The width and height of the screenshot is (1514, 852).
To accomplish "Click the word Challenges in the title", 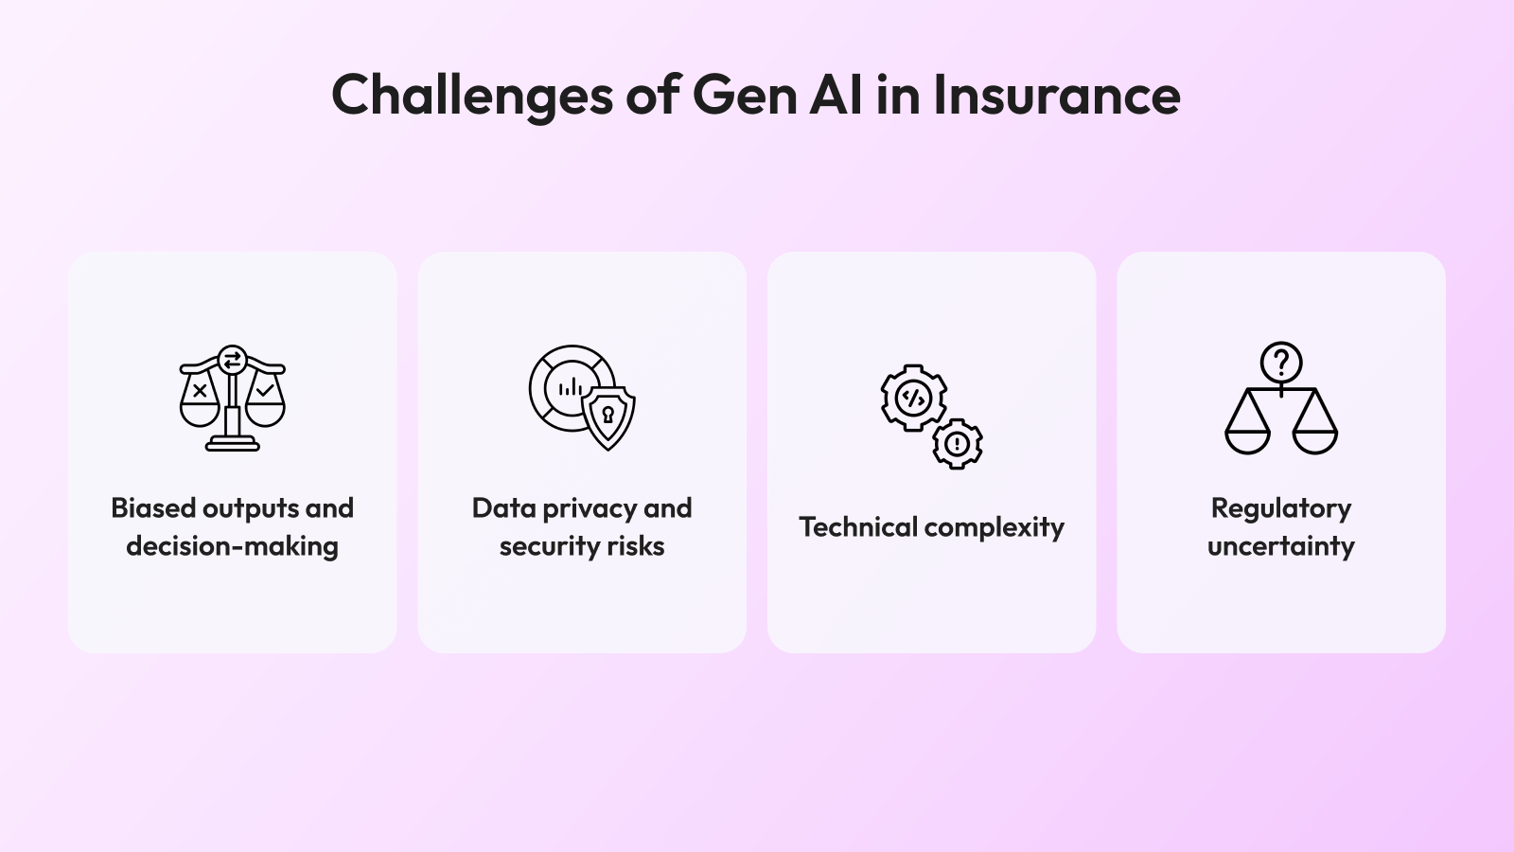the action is (x=472, y=97).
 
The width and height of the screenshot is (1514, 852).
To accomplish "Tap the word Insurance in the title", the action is (x=1057, y=96).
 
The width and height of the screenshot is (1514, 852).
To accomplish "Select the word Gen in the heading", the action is (x=745, y=96).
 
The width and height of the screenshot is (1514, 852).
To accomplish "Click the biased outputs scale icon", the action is (x=233, y=398).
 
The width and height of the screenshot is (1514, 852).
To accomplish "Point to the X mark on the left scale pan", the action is (x=200, y=390).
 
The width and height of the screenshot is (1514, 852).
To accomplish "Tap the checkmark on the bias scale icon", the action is (x=265, y=390).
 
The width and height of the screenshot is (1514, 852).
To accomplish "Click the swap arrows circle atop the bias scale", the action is (x=233, y=359).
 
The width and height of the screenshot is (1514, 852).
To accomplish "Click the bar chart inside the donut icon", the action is (x=572, y=387).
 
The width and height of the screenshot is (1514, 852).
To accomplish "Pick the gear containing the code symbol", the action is (x=914, y=399).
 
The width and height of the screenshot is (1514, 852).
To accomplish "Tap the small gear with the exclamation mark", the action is (x=957, y=444).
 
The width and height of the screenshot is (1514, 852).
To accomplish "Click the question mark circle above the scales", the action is (x=1281, y=364).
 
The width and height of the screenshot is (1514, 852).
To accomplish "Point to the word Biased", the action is (x=153, y=507).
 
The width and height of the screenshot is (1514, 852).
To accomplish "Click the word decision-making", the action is (x=233, y=546).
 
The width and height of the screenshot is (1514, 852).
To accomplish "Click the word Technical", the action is (x=857, y=527).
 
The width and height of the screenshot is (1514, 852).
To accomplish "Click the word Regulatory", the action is (x=1281, y=509).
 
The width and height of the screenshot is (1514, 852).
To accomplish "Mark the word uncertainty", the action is (x=1281, y=546).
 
